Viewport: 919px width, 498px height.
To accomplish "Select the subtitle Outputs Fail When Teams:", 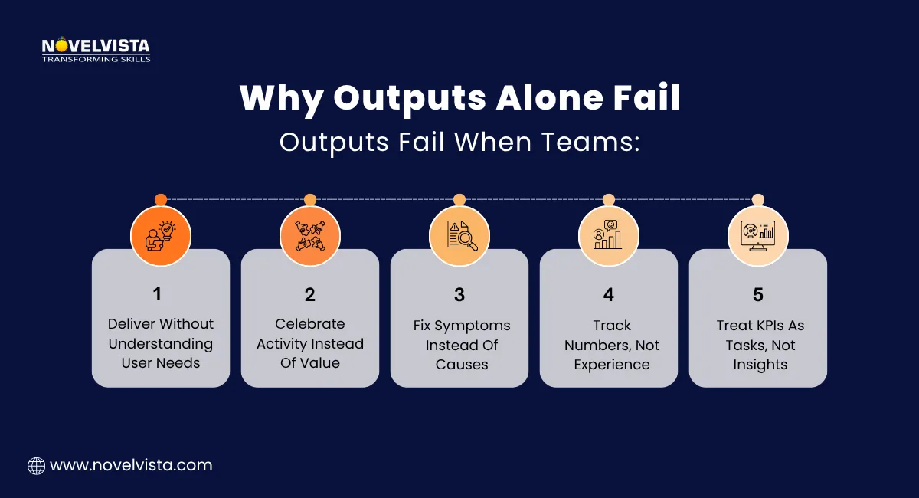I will (459, 142).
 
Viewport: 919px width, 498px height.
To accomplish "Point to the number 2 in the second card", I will (310, 294).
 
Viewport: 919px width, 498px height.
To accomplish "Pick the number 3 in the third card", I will (459, 294).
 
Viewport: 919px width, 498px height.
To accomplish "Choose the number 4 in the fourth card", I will (609, 294).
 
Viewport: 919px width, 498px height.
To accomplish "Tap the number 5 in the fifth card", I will (758, 294).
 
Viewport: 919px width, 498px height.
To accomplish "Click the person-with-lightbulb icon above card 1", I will (161, 235).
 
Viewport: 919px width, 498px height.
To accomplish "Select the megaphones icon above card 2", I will (310, 235).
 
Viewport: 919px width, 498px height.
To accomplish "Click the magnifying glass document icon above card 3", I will (459, 235).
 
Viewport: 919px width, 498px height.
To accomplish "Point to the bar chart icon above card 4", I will (609, 235).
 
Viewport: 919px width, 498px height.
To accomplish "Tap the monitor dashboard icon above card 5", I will (758, 235).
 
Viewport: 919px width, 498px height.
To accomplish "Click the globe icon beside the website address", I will (36, 465).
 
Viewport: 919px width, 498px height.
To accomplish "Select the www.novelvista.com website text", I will (131, 465).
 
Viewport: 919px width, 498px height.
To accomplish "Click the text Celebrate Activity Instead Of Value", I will (310, 344).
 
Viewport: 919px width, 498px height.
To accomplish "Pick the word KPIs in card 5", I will (768, 325).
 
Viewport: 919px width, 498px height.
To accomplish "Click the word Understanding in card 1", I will (161, 344).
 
